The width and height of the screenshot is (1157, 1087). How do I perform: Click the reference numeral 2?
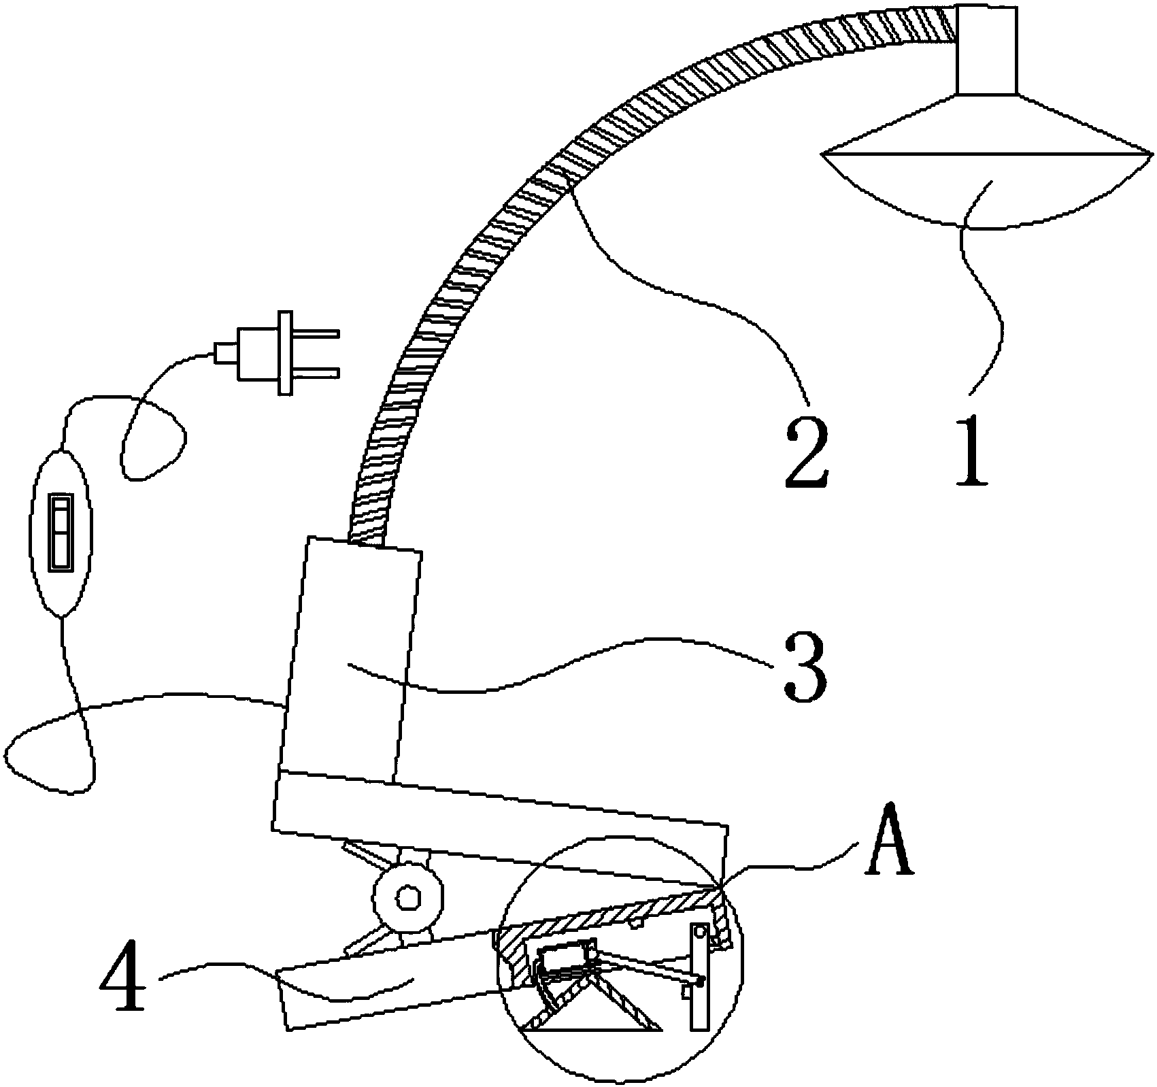tap(807, 452)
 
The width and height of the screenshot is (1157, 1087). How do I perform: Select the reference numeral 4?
tap(124, 977)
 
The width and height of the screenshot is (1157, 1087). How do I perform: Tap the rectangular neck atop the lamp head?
tap(986, 50)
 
